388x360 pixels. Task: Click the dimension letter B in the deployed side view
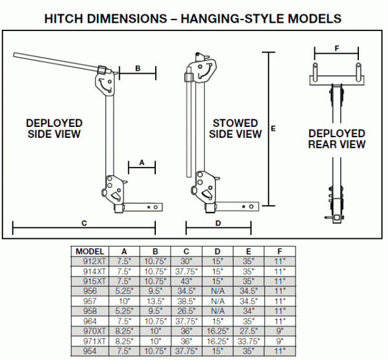[138, 68]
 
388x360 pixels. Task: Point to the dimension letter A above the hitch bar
[142, 163]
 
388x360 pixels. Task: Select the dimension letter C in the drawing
[83, 222]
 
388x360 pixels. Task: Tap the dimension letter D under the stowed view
[218, 222]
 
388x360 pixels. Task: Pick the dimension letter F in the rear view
[336, 47]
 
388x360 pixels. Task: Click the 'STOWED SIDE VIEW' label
[237, 129]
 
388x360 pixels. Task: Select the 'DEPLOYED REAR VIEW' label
[336, 139]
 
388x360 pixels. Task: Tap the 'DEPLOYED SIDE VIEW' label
[54, 128]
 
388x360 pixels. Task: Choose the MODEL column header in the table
[90, 251]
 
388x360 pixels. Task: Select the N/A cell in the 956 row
[218, 292]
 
